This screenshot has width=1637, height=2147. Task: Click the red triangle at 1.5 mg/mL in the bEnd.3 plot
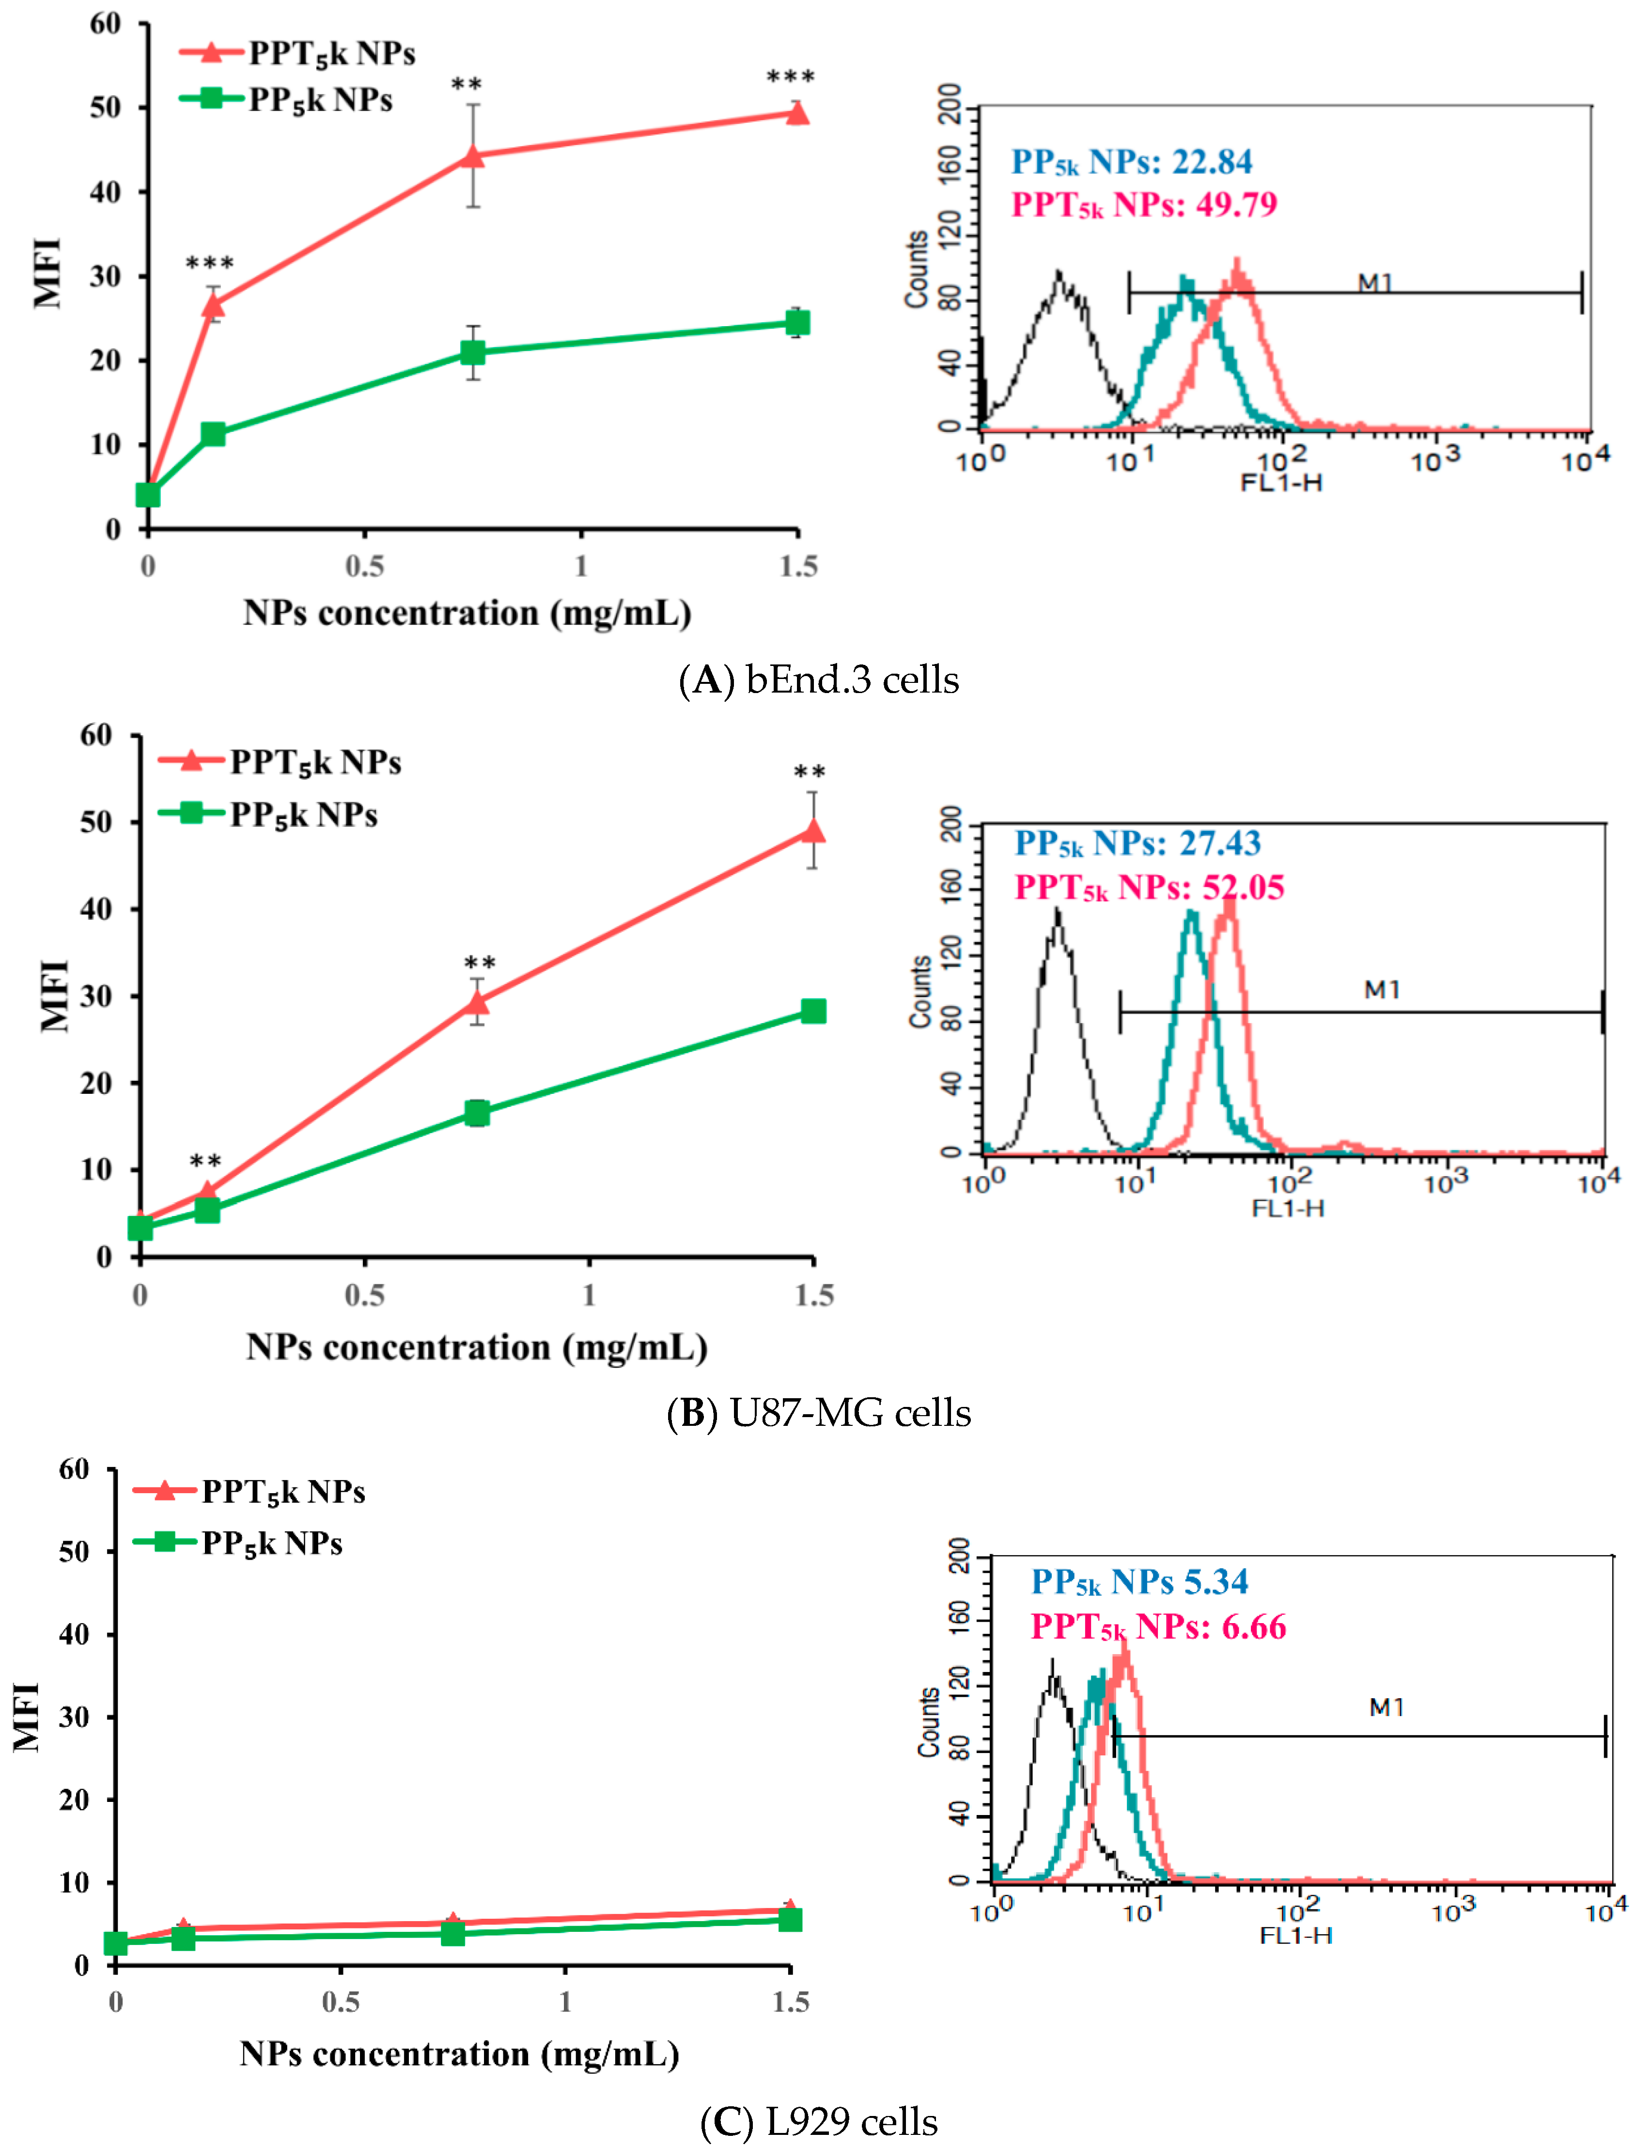(x=797, y=114)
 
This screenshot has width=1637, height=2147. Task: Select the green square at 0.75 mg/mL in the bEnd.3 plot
(x=472, y=352)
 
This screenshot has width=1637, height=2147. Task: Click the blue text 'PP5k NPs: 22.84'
(x=1131, y=162)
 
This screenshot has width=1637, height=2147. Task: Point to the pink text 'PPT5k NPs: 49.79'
(x=1144, y=205)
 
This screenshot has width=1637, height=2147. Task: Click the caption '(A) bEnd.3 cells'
(x=819, y=679)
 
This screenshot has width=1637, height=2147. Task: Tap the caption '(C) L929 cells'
(x=819, y=2121)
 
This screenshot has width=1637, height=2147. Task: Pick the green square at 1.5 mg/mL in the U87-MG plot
(x=812, y=1010)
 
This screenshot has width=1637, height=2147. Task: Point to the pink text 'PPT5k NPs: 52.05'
(x=1150, y=887)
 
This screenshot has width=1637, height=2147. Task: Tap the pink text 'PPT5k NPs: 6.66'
(x=1158, y=1626)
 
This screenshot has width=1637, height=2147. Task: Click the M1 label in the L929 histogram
(x=1387, y=1707)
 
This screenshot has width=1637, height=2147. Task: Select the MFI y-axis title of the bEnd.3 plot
(x=47, y=273)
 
